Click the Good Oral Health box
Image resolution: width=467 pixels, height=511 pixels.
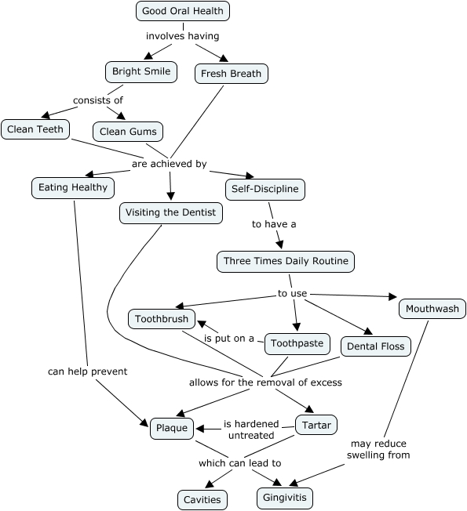click(x=182, y=11)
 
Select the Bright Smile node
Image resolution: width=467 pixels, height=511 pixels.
click(x=141, y=71)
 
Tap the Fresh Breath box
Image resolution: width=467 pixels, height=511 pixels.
click(x=231, y=74)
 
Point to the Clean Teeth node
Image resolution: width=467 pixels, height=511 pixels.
click(x=35, y=129)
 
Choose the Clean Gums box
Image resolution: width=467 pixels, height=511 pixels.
click(x=128, y=132)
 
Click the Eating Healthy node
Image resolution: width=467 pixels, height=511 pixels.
click(x=73, y=188)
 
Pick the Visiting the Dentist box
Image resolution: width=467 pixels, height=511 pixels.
click(x=170, y=213)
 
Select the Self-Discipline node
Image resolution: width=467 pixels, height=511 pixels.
click(x=265, y=190)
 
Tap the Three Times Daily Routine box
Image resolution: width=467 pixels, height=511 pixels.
click(x=286, y=261)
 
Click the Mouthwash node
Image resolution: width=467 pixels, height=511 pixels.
click(x=432, y=309)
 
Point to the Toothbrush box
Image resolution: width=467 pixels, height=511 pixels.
click(x=162, y=319)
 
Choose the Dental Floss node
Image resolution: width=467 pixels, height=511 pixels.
click(x=376, y=346)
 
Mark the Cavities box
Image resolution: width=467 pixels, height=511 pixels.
click(x=202, y=500)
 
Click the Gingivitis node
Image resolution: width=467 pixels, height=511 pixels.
click(x=285, y=498)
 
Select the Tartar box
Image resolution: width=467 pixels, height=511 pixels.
click(x=316, y=425)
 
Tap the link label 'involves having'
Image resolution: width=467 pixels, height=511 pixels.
click(x=182, y=36)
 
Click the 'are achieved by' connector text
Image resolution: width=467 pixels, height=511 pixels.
click(x=170, y=164)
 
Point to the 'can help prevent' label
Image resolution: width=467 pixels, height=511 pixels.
click(x=87, y=371)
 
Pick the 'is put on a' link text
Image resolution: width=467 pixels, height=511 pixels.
click(x=229, y=339)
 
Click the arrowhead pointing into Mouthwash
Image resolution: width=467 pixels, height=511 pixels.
click(x=393, y=296)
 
